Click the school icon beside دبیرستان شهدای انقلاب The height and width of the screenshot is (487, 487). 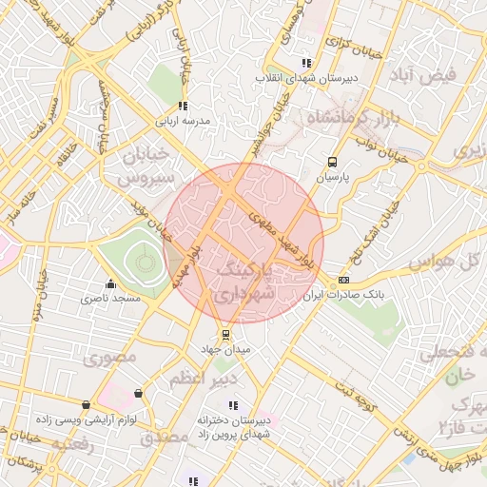(306, 62)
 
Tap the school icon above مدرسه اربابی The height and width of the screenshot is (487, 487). (182, 107)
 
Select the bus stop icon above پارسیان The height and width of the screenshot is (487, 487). (332, 162)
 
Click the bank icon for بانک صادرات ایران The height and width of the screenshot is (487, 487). (343, 280)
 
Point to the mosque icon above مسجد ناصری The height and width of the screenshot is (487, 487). (111, 283)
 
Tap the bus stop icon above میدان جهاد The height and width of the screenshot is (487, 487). (225, 335)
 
